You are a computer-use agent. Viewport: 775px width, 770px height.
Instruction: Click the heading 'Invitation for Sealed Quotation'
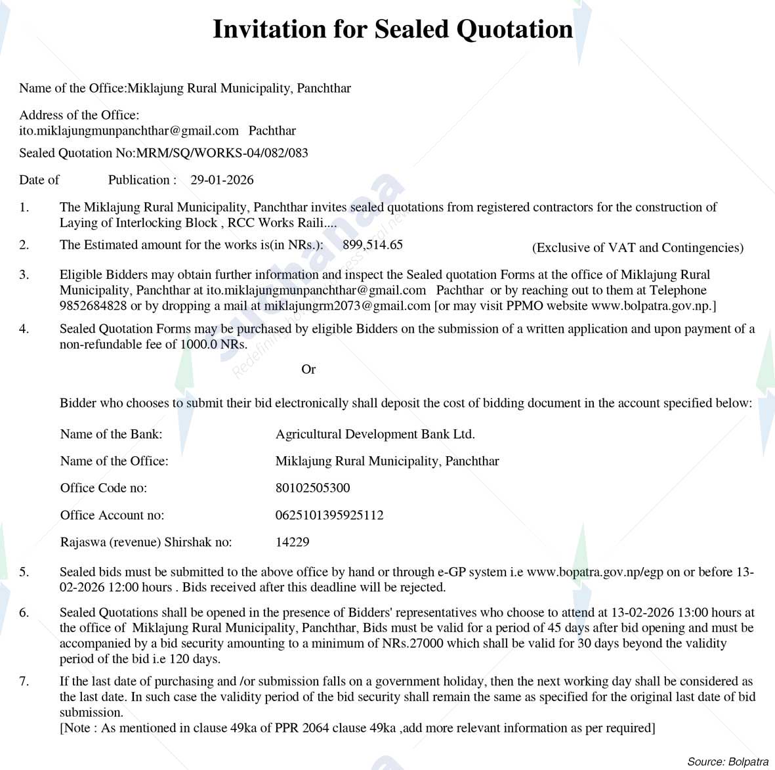392,30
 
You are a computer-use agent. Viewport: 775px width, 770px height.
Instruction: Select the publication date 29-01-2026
222,180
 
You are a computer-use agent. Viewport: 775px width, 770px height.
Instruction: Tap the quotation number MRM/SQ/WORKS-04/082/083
222,153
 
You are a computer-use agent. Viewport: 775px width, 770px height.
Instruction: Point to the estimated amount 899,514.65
373,245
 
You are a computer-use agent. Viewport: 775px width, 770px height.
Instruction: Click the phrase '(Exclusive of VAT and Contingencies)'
637,247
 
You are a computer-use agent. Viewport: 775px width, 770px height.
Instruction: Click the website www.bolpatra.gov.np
650,306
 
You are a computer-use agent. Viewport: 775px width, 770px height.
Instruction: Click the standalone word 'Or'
308,370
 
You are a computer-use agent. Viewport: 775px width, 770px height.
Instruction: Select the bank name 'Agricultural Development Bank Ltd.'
375,434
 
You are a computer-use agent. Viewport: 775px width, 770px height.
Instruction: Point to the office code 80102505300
312,488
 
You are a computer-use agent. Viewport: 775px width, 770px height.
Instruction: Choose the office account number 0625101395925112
329,515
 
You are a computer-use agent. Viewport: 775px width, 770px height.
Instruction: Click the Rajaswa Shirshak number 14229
292,542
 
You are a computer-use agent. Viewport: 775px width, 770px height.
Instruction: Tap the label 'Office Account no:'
112,515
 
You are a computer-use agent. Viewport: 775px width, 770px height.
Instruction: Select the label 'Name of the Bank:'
111,434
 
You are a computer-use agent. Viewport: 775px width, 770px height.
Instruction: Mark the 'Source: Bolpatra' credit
727,761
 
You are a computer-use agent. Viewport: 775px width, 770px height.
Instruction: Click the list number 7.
24,681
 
